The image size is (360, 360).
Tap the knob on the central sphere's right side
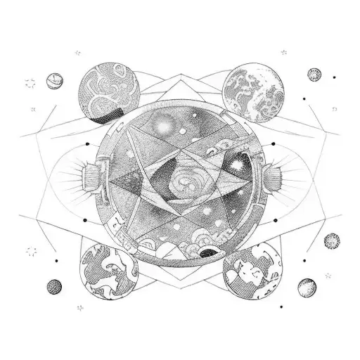point(269,173)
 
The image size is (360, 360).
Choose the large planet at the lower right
point(250,270)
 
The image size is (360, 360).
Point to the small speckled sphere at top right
point(314,74)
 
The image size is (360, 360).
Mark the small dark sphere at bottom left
point(53,286)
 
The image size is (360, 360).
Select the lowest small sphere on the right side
point(306,287)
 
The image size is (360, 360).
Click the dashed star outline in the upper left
point(30,84)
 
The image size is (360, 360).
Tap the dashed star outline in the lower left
point(31,251)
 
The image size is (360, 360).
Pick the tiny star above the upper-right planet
point(283,52)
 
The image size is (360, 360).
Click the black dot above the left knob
point(87,144)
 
